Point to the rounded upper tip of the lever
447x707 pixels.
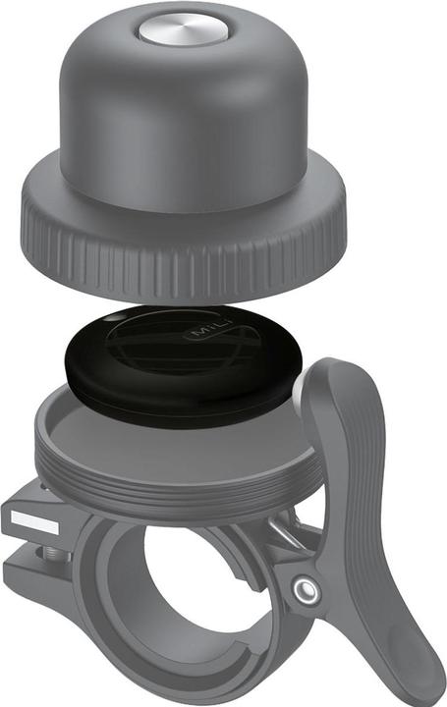(x=334, y=378)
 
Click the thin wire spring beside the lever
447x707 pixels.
(x=285, y=536)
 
